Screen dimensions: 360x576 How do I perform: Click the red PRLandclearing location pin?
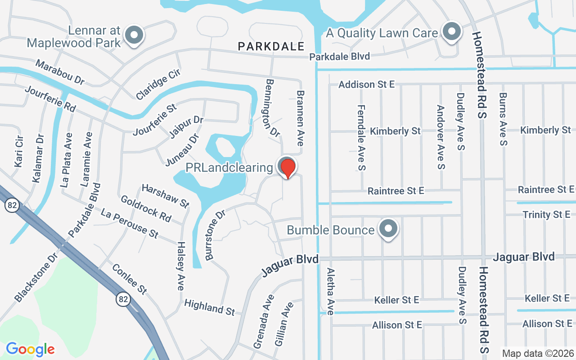(288, 167)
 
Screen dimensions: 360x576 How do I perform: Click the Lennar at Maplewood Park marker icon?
(134, 35)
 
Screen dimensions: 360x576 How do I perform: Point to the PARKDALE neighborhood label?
(271, 46)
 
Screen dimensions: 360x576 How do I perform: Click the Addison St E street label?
(366, 84)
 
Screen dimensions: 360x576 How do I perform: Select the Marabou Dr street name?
(60, 72)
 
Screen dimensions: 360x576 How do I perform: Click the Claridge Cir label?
(158, 85)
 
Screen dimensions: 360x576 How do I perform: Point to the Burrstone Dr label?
(215, 234)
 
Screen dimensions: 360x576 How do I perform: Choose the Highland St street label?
(210, 307)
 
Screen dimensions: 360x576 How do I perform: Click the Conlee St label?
(129, 279)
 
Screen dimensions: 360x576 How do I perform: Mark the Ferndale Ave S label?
(361, 138)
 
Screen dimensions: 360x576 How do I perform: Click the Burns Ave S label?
(503, 119)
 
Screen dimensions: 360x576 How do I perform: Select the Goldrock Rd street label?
(146, 208)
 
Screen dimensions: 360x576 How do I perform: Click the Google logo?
(30, 349)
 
